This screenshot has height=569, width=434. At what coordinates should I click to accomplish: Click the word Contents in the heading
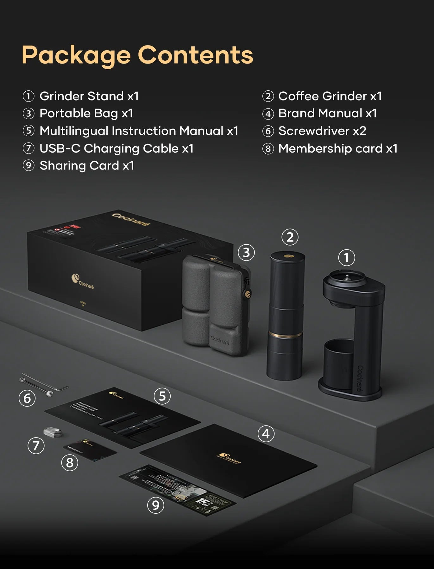tap(195, 55)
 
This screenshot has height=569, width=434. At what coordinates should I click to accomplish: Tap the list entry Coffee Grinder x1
tap(330, 96)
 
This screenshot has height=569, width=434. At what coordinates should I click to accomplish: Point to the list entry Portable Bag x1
tap(86, 113)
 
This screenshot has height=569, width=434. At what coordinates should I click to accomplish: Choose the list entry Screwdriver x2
tap(322, 131)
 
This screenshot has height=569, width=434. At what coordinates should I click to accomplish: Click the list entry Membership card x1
tap(337, 149)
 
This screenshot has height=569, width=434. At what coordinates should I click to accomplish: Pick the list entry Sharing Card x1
tap(86, 166)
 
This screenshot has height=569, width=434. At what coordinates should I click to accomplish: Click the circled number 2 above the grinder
tap(290, 237)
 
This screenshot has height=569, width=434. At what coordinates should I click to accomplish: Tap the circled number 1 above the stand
tap(346, 258)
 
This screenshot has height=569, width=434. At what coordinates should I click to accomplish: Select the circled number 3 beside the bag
tap(246, 253)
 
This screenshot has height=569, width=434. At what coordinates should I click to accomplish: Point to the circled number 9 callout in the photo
tap(156, 505)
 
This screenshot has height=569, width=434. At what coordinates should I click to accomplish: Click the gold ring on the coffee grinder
tap(286, 334)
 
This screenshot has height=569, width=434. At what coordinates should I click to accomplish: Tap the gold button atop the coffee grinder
tap(288, 255)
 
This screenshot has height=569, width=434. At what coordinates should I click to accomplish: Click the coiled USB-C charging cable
tap(52, 432)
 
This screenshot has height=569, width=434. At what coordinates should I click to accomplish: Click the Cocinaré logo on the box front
tap(82, 281)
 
